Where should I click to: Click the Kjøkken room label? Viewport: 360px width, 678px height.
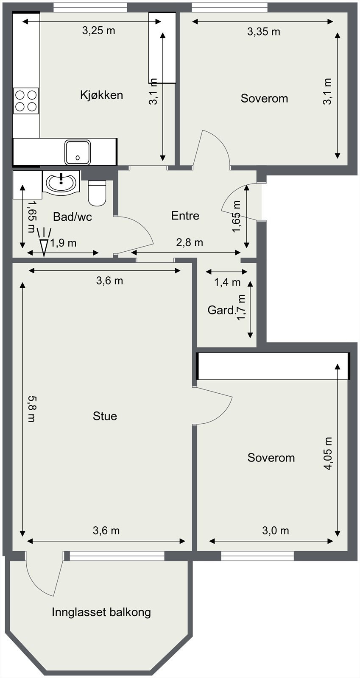pyautogui.click(x=101, y=95)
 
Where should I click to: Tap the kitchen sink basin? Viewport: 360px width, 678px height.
pyautogui.click(x=78, y=152)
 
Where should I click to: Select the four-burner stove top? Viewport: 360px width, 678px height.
pyautogui.click(x=26, y=101)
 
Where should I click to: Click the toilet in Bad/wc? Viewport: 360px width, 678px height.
pyautogui.click(x=97, y=193)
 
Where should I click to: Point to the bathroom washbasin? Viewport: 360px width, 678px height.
pyautogui.click(x=61, y=183)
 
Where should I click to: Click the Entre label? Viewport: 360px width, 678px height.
pyautogui.click(x=185, y=216)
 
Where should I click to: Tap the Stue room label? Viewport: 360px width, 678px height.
pyautogui.click(x=105, y=416)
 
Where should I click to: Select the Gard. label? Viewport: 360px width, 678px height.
pyautogui.click(x=221, y=310)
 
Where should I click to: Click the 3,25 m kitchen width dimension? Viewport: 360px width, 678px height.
pyautogui.click(x=99, y=30)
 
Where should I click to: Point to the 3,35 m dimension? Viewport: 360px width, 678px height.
pyautogui.click(x=264, y=31)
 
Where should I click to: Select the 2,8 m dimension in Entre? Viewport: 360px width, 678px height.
pyautogui.click(x=190, y=242)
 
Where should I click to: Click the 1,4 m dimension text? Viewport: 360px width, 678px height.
pyautogui.click(x=227, y=282)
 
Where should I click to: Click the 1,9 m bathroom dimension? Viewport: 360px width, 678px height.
pyautogui.click(x=63, y=243)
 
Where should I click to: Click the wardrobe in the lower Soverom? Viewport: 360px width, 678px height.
pyautogui.click(x=273, y=366)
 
